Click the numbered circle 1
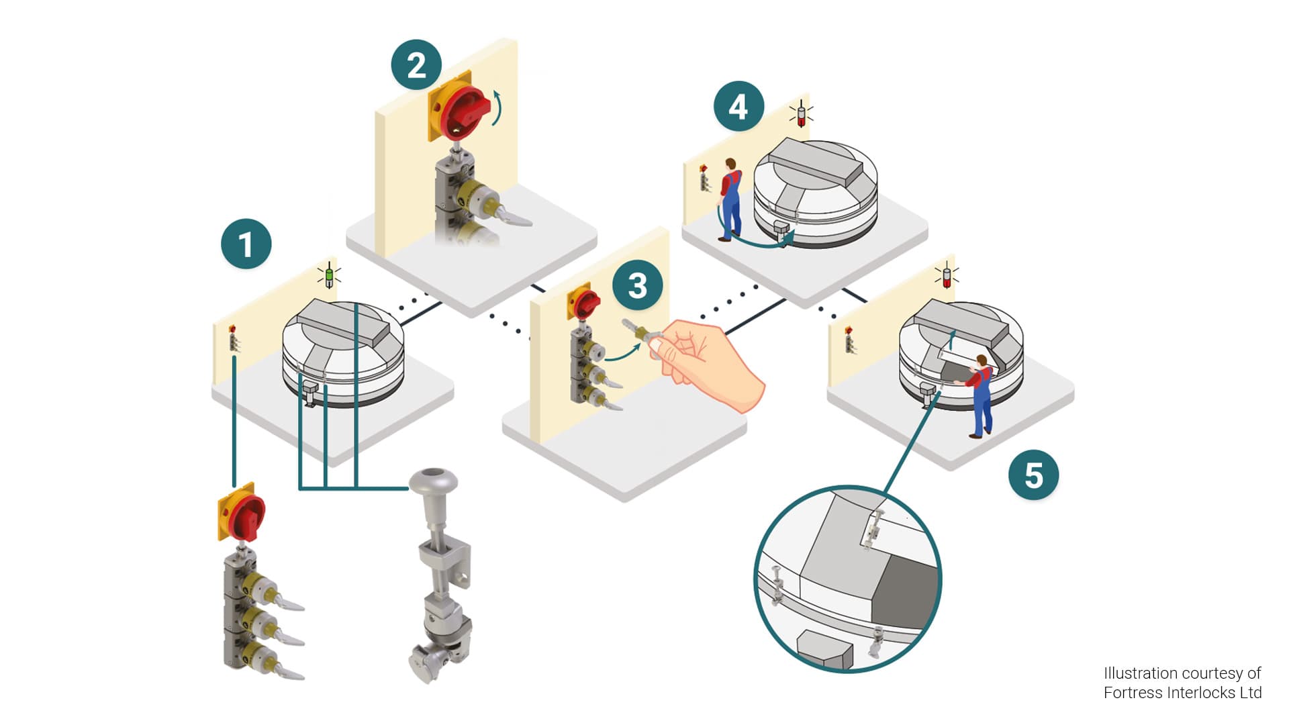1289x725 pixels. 246,244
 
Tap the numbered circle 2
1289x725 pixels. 416,65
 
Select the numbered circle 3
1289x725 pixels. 637,285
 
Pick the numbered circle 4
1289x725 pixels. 738,107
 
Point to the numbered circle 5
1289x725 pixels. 1033,475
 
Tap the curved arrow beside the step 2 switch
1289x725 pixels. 497,107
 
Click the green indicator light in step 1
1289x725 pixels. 329,277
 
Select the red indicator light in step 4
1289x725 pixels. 801,116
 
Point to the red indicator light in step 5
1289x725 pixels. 947,277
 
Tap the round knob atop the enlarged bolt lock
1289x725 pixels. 433,480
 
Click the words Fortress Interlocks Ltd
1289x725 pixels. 1182,693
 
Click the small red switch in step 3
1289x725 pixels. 587,303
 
